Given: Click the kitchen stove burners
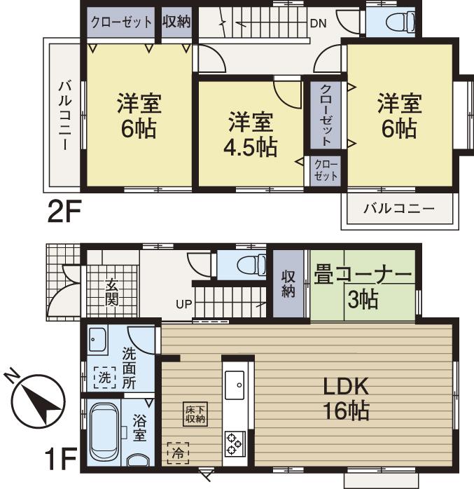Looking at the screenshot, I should [234, 443].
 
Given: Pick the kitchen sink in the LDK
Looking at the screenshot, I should [234, 384].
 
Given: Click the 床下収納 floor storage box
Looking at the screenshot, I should [195, 414].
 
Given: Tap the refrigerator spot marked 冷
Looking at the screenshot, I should [178, 453].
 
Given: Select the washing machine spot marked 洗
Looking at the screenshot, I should [104, 377].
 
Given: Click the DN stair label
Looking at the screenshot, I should [319, 22].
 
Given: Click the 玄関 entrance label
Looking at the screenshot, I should [112, 293].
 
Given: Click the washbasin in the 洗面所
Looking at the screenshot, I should [97, 341].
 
